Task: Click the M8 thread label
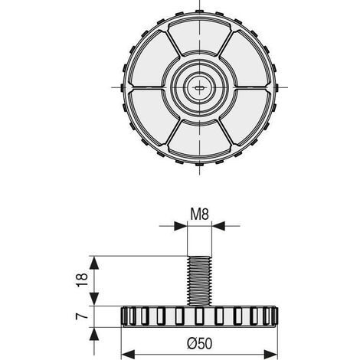tap(200, 214)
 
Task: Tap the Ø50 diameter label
tap(199, 343)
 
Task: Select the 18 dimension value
tap(82, 280)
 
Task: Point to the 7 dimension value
tap(82, 316)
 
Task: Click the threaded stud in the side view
tap(199, 280)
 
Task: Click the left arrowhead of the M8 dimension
tap(181, 226)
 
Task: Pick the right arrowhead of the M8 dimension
tap(218, 226)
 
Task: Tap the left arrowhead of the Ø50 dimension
tap(128, 355)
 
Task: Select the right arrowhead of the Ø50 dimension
tap(270, 355)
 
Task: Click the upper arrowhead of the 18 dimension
tap(94, 263)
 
